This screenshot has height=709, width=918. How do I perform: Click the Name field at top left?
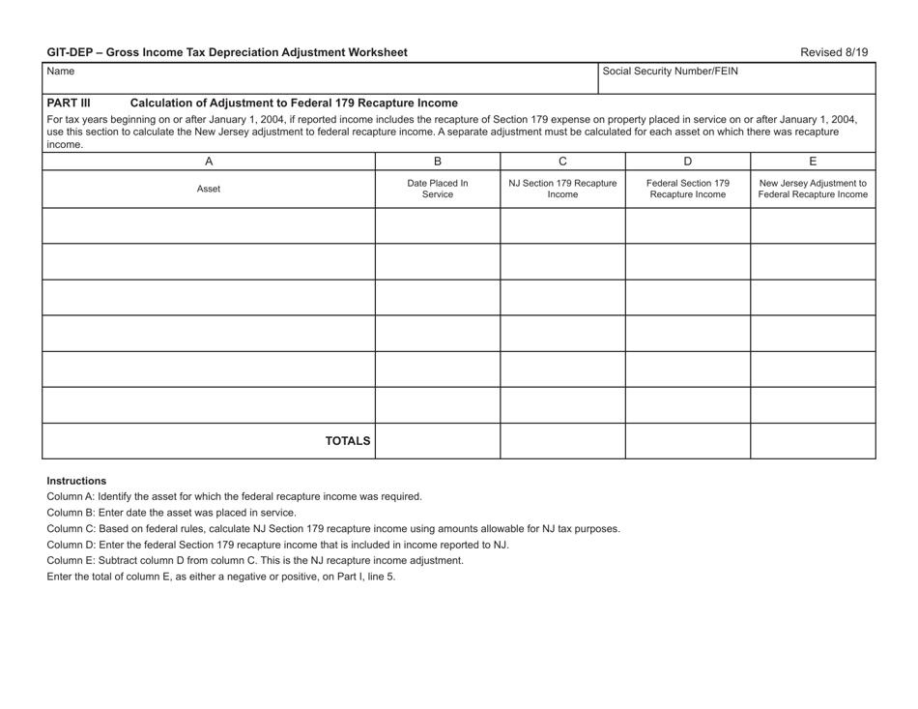click(x=319, y=76)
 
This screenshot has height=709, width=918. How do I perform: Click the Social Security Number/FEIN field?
click(x=736, y=76)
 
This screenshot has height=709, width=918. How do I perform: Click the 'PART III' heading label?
click(x=69, y=103)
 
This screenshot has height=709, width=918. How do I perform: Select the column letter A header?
click(x=209, y=162)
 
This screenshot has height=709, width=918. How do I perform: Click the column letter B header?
click(x=437, y=162)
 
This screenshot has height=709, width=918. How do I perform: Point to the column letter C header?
click(x=562, y=162)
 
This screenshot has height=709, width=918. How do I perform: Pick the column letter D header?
click(x=688, y=162)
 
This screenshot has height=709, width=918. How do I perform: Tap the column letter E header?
click(x=813, y=162)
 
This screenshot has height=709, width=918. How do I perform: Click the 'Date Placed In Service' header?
click(x=437, y=190)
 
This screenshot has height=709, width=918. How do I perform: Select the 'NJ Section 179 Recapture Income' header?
click(x=562, y=190)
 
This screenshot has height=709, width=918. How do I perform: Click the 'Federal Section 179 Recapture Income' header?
click(x=688, y=190)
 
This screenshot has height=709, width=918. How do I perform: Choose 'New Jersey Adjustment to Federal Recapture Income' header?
click(x=813, y=190)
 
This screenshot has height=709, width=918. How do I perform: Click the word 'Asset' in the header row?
click(x=209, y=190)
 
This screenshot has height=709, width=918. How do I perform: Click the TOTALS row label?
click(x=347, y=441)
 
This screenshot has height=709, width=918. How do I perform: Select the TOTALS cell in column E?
click(x=813, y=441)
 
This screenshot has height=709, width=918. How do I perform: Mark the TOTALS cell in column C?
click(x=562, y=441)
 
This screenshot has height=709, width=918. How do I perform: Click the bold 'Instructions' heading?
click(x=76, y=481)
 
